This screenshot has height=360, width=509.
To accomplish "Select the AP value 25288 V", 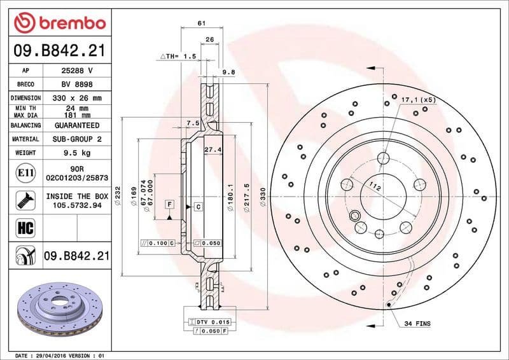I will pyautogui.click(x=77, y=71).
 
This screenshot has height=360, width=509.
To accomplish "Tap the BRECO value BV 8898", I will pyautogui.click(x=77, y=84).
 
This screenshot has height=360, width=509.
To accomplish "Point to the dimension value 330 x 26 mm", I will pyautogui.click(x=77, y=98).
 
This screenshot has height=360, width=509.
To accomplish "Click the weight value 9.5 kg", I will pyautogui.click(x=77, y=153).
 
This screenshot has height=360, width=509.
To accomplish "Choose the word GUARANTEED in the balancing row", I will pyautogui.click(x=77, y=125).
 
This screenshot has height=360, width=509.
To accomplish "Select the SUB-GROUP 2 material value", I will pyautogui.click(x=77, y=139).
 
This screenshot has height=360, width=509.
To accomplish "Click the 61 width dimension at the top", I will pyautogui.click(x=201, y=23).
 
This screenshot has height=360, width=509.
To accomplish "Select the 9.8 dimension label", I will pyautogui.click(x=229, y=73).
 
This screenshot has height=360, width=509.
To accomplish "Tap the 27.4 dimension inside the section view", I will pyautogui.click(x=213, y=149).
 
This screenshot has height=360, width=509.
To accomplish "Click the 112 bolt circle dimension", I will pyautogui.click(x=375, y=187).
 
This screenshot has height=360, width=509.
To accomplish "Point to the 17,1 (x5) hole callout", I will pyautogui.click(x=418, y=100).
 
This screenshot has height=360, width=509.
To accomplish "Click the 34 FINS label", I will pyautogui.click(x=417, y=324).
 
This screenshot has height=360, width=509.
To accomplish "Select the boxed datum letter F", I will pyautogui.click(x=169, y=204).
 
